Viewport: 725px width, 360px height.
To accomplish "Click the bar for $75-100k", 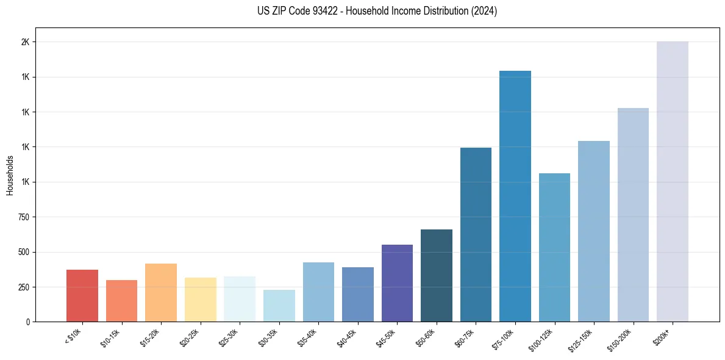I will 515,196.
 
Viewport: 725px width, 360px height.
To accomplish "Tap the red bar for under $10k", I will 82,295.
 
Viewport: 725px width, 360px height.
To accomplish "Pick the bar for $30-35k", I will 279,306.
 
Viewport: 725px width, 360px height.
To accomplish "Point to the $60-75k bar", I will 476,234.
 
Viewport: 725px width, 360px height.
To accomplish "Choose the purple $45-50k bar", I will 397,283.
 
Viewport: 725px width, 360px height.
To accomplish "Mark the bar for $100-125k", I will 554,247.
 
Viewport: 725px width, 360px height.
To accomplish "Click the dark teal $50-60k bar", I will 437,275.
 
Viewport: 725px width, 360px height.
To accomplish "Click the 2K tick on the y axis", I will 26,42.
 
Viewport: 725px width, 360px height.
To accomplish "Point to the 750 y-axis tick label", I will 24,217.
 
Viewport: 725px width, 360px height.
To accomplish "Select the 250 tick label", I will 24,287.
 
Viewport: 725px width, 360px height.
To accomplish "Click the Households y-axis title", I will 10,175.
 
